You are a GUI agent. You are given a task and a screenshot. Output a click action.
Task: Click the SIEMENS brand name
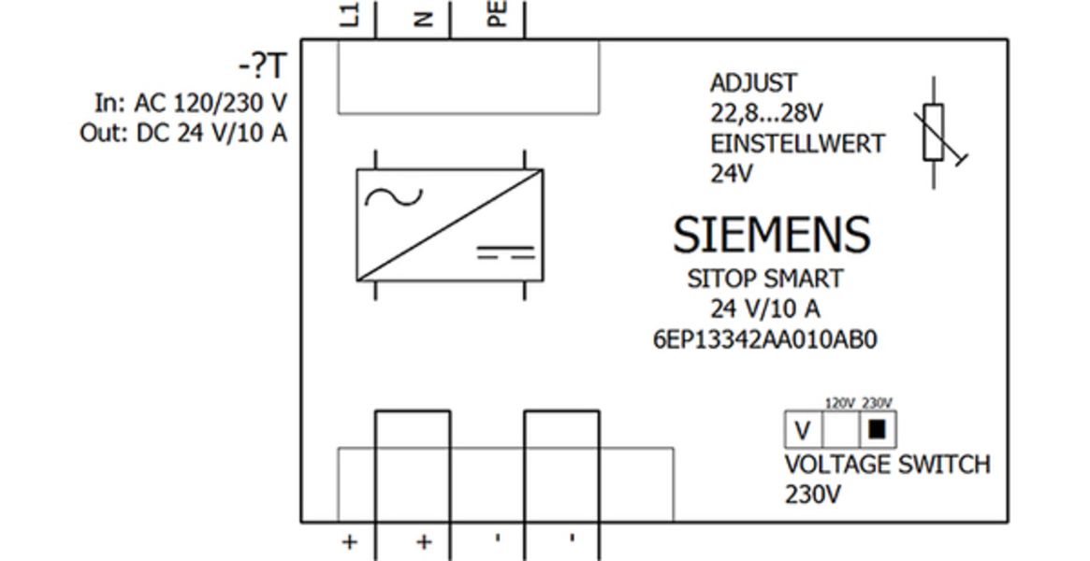pos(772,235)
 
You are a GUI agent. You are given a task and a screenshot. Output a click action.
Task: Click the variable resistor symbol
pos(934,133)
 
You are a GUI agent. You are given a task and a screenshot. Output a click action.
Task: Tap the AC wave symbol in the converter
pos(393,196)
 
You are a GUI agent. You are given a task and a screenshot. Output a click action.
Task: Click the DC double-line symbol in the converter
pos(506,252)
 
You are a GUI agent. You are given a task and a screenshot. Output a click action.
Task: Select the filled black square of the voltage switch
pos(877,429)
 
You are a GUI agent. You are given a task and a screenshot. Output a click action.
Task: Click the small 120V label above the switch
pos(839,403)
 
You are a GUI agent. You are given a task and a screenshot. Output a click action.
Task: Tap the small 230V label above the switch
pos(877,403)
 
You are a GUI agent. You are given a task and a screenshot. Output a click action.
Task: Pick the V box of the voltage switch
pos(802,431)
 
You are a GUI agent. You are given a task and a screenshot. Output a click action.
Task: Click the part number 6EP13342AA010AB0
pos(764,339)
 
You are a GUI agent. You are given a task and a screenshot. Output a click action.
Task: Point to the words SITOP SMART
pos(764,279)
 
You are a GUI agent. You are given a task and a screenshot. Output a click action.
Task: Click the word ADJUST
pos(753,83)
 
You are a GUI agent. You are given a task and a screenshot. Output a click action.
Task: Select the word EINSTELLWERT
pos(797,144)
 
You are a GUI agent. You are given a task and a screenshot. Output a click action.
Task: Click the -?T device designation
pos(262,67)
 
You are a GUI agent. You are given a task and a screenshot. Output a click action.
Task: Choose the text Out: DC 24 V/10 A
pos(183,133)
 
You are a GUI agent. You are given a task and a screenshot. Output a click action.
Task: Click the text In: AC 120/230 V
pos(191,102)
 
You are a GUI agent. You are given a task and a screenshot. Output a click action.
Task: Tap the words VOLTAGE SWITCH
pos(887,464)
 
